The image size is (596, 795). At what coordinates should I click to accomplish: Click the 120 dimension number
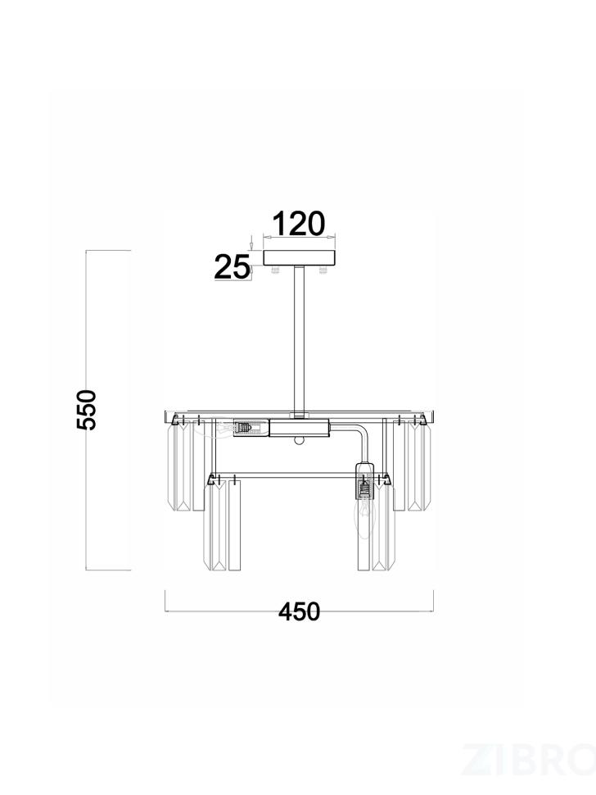pos(299,224)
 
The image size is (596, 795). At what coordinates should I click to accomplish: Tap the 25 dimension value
pos(233,267)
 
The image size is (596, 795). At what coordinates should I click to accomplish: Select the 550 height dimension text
pos(86,410)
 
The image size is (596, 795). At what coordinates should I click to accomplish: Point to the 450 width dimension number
pos(300,612)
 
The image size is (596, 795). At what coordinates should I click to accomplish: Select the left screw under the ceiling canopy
pos(276,270)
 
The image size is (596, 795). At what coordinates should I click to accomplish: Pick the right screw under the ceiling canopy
pos(322,270)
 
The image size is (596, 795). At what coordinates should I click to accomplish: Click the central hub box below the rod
pos(300,428)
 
